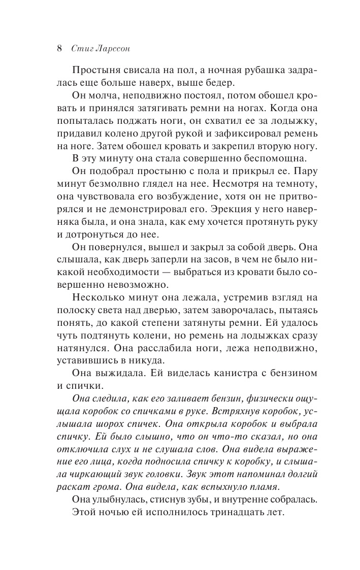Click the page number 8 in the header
click(59, 49)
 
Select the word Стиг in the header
click(82, 49)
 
